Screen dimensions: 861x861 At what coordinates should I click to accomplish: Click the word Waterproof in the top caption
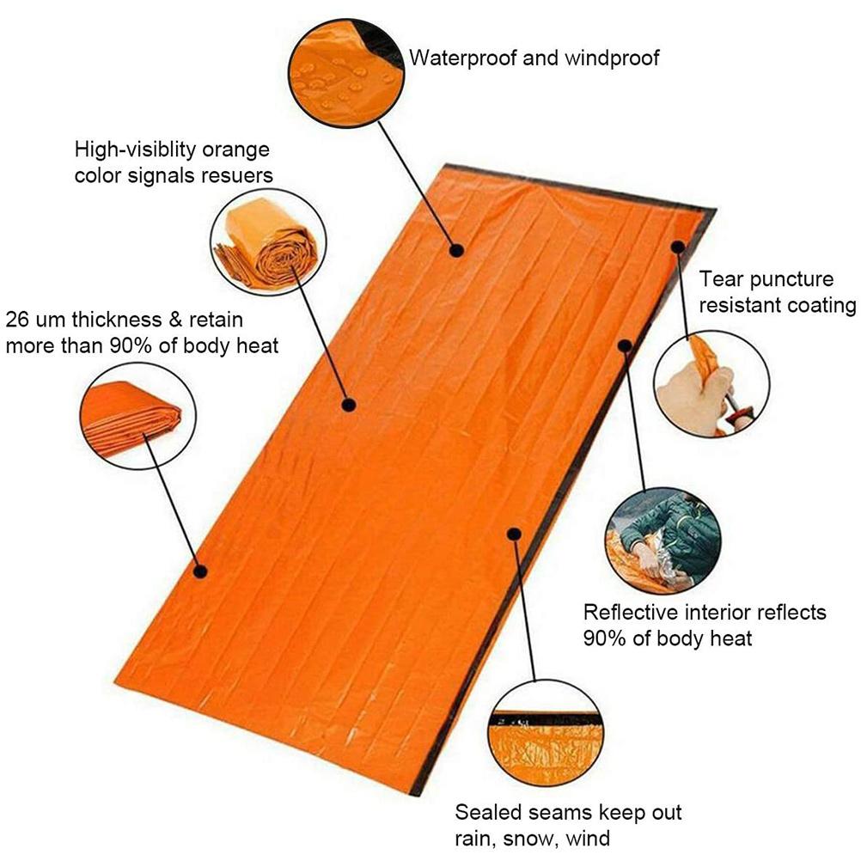pos(462,58)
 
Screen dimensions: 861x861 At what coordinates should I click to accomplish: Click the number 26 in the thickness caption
pos(17,320)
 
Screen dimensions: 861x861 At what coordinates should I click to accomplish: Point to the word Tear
pos(722,279)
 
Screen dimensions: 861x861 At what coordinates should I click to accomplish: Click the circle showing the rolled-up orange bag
pos(268,242)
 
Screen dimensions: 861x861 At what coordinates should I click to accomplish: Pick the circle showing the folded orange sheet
pos(137,416)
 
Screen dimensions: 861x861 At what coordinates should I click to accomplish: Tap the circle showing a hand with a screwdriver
pos(711,384)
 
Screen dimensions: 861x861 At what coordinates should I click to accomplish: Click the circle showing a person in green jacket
pos(663,540)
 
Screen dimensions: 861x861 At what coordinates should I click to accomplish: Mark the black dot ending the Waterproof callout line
pos(456,250)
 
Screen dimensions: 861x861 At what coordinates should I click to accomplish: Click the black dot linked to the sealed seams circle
pos(514,534)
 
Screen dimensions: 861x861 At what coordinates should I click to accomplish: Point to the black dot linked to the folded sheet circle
pos(200,571)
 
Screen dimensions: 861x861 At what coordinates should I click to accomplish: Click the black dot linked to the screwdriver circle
pos(678,247)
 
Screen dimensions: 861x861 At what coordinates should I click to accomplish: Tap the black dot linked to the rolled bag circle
pos(349,406)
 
